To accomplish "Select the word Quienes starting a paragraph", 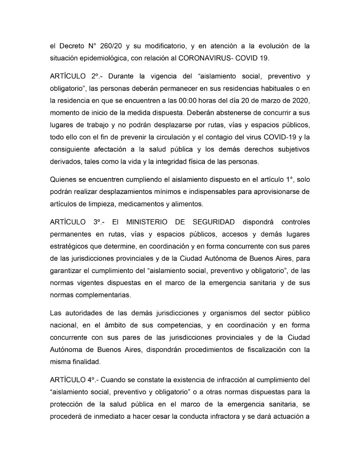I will pos(62,179).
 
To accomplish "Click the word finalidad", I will pos(85,362).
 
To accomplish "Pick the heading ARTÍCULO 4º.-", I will pos(74,380).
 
